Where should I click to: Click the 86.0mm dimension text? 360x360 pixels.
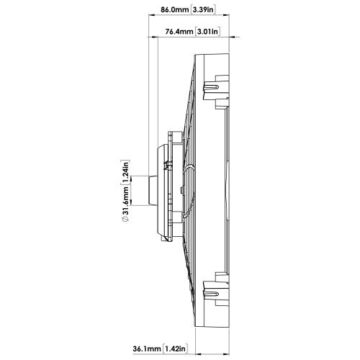coord(174,10)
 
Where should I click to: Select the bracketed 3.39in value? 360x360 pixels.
coord(203,10)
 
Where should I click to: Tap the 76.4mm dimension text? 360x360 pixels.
coord(179,32)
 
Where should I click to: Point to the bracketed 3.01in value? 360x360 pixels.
coord(208,32)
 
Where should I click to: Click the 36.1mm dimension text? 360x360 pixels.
coord(146,348)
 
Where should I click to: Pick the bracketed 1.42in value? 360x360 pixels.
coord(175,348)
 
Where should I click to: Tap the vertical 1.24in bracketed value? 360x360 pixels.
coord(126,172)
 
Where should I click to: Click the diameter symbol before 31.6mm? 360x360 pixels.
coord(126,219)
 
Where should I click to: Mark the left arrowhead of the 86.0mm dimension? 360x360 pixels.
coord(152,15)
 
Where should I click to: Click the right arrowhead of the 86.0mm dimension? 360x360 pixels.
coord(226,15)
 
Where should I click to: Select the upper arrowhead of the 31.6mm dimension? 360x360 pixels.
coord(131,179)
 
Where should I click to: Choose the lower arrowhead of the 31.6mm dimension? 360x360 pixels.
coord(131,202)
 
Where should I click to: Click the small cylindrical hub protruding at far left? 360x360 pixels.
coord(153,191)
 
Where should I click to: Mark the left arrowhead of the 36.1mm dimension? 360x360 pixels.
coord(199,354)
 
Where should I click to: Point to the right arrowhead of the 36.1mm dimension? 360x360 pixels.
coord(226,354)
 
